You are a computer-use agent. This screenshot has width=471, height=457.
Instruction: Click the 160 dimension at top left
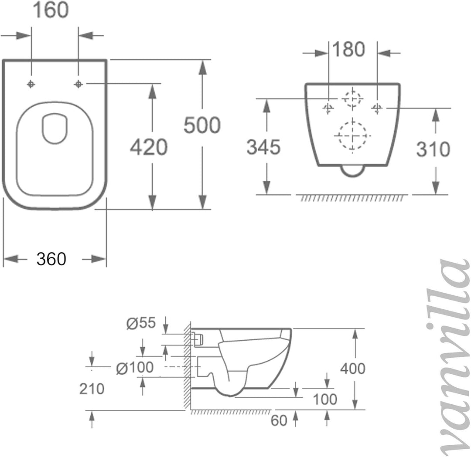(51, 10)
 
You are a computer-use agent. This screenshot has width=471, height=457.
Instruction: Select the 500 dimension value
(201, 125)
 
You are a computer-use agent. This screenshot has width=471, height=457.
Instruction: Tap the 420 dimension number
(149, 147)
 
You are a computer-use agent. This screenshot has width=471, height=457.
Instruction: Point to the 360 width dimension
(51, 259)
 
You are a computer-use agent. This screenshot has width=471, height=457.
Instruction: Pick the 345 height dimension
(263, 147)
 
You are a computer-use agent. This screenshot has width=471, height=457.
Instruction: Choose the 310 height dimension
(433, 149)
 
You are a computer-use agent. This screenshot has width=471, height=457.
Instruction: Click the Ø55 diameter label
(140, 324)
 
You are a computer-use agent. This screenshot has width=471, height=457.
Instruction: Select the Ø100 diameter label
(135, 368)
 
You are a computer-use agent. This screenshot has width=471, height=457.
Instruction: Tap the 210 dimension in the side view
(92, 389)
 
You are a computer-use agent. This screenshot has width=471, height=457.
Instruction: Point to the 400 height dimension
(353, 369)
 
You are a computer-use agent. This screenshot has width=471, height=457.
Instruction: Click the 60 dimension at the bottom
(279, 421)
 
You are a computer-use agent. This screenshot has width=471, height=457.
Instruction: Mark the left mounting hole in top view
(31, 84)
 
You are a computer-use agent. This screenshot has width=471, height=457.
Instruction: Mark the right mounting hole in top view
(78, 84)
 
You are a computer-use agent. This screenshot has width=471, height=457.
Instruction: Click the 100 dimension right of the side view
(325, 399)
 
